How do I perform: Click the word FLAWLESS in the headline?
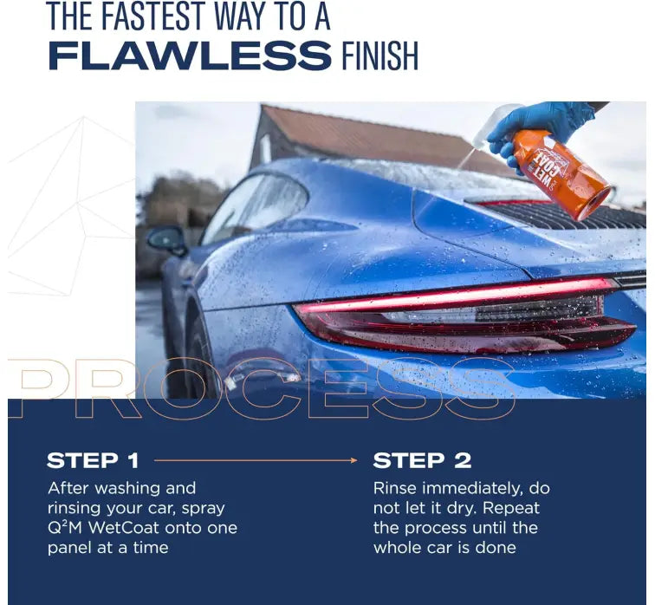(190, 55)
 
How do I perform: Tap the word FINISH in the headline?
(379, 55)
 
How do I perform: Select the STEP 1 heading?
(93, 460)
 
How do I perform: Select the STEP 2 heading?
(422, 460)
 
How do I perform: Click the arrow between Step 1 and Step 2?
(256, 460)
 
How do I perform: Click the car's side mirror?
(166, 241)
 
